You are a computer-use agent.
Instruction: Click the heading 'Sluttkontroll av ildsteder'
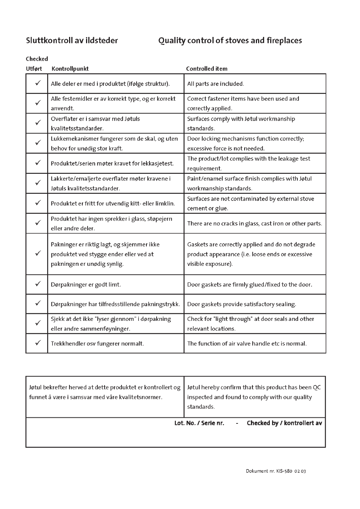(72, 40)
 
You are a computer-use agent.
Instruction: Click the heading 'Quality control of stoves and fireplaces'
(230, 40)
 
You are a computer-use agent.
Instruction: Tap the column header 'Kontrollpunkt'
(70, 69)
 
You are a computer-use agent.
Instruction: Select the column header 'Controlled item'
(206, 69)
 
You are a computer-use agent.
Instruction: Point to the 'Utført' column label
(34, 69)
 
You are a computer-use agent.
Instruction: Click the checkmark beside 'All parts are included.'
(38, 83)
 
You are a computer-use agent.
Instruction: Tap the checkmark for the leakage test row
(38, 163)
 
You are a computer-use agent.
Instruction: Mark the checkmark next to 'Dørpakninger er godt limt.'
(38, 284)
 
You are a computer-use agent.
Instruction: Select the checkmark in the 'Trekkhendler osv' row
(38, 343)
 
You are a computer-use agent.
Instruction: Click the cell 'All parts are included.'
(215, 84)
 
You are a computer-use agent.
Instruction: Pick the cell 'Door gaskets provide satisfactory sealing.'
(242, 304)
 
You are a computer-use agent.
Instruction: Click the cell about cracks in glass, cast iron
(254, 224)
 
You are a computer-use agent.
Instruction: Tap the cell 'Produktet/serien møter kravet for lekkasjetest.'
(112, 164)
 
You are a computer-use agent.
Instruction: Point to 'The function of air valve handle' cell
(247, 343)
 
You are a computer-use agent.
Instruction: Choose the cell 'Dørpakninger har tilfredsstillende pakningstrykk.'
(115, 304)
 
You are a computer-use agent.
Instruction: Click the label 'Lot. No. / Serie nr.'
(199, 423)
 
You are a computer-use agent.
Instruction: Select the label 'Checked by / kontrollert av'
(284, 423)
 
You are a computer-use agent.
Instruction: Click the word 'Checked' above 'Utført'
(37, 59)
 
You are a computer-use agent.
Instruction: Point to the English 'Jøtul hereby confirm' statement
(254, 397)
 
